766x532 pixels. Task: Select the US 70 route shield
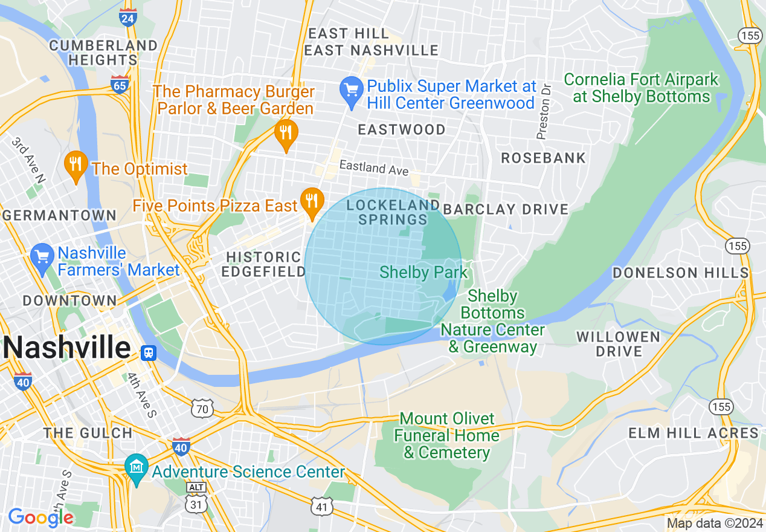coord(202,409)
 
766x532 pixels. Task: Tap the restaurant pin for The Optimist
coord(76,166)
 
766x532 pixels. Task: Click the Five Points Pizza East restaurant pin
coord(312,203)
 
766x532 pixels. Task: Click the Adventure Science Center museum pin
coord(137,469)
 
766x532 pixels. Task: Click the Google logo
coord(40,517)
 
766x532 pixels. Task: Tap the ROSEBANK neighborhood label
coord(544,158)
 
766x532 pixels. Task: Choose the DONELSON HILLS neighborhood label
coord(681,273)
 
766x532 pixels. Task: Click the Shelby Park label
coord(423,273)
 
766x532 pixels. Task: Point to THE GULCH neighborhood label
coord(88,433)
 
